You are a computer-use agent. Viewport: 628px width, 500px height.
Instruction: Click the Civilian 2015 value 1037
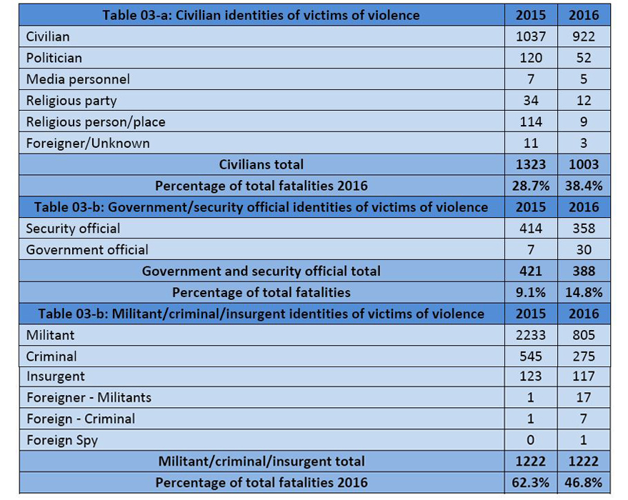tap(531, 36)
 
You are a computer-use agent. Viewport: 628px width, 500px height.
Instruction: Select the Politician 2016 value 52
tap(584, 58)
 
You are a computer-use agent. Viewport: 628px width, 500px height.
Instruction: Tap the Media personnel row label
tap(78, 79)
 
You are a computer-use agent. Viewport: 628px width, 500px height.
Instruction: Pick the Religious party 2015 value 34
tap(531, 101)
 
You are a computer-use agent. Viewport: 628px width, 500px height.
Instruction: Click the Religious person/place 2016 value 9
tap(584, 122)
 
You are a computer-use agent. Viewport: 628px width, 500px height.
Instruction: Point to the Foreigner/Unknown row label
tap(88, 143)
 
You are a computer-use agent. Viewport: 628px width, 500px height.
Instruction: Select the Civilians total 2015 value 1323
tap(531, 164)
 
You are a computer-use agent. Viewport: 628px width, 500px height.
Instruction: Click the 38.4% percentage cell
tap(584, 186)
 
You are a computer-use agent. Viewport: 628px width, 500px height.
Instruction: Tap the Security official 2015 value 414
tap(531, 229)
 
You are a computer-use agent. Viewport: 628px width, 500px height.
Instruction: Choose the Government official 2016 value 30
tap(584, 250)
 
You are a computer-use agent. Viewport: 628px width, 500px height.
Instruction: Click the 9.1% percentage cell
tap(531, 292)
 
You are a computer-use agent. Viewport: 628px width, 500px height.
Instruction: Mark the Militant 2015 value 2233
tap(531, 335)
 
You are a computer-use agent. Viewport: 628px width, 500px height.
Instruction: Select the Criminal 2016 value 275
tap(584, 356)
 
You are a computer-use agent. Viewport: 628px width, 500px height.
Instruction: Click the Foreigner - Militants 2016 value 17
tap(584, 397)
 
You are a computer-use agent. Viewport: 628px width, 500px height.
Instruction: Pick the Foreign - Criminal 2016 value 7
tap(584, 419)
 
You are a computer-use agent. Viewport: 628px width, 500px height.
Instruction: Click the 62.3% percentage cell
tap(531, 482)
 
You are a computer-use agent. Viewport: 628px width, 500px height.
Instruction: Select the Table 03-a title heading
tap(261, 15)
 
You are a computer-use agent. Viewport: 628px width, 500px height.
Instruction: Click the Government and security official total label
tap(261, 271)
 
